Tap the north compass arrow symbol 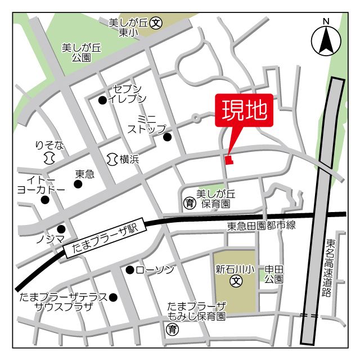coord(325,40)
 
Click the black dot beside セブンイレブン coord(102,101)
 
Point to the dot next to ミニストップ coord(167,137)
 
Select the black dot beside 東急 coord(78,184)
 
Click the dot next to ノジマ coord(61,228)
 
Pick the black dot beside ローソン coord(130,270)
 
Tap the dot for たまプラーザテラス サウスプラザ coord(113,297)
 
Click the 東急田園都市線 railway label coord(261,226)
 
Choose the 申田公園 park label coord(274,274)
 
